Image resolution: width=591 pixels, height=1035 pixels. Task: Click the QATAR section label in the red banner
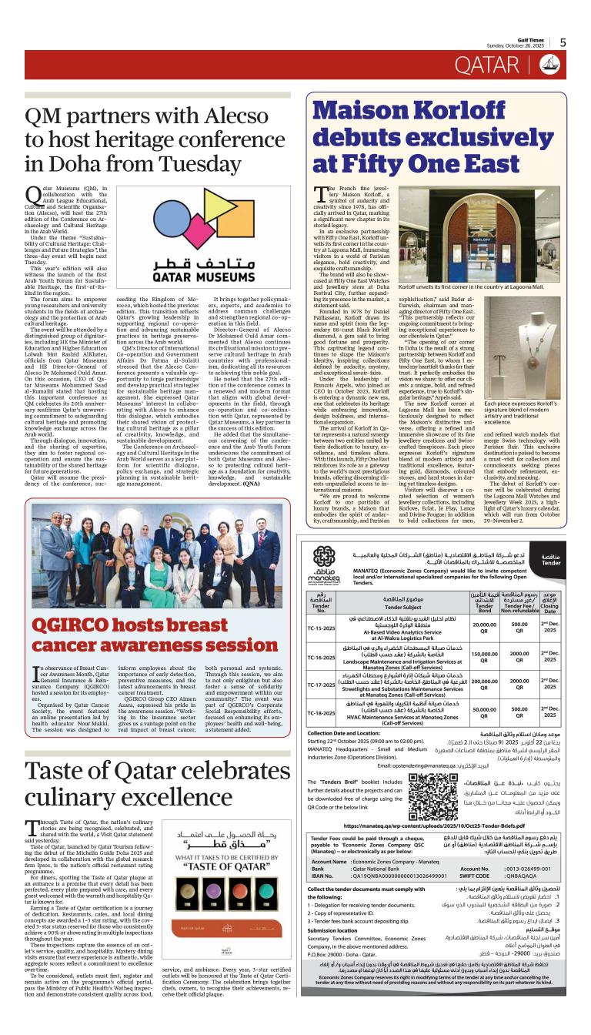coord(486,66)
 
